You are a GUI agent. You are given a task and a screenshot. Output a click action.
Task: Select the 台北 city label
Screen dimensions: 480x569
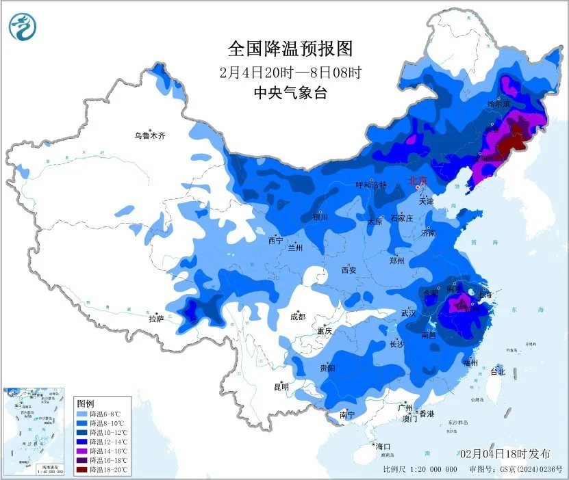pyautogui.click(x=497, y=372)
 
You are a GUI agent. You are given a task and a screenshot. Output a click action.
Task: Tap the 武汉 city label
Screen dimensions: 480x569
pyautogui.click(x=409, y=312)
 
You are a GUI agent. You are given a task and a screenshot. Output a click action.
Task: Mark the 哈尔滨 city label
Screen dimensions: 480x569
pyautogui.click(x=498, y=104)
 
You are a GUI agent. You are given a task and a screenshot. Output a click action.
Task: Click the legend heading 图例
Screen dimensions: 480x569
pyautogui.click(x=86, y=403)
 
